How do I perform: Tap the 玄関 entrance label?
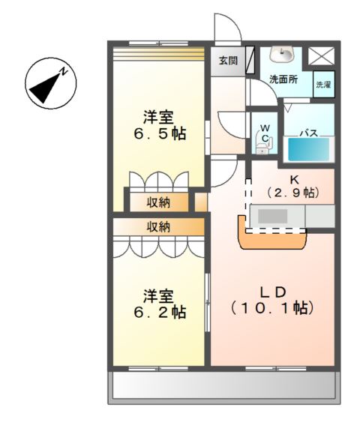(229, 61)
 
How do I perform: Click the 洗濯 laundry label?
(322, 84)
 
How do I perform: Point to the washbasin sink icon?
(286, 55)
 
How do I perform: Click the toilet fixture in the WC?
(263, 138)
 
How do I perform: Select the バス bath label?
(308, 133)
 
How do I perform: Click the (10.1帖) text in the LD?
(271, 307)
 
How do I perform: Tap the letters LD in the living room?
(271, 289)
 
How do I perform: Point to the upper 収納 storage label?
(157, 202)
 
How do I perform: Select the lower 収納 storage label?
(157, 227)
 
